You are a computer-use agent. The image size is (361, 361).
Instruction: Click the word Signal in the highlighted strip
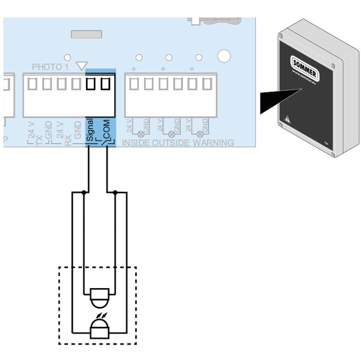click(x=90, y=130)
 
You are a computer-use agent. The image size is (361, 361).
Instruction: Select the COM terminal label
click(x=106, y=130)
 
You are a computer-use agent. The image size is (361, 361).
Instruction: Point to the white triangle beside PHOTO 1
click(x=83, y=66)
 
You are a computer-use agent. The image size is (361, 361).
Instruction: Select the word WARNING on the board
click(x=214, y=143)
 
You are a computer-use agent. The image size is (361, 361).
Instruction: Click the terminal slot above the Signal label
click(x=91, y=84)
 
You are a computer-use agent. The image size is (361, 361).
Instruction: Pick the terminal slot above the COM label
click(x=106, y=84)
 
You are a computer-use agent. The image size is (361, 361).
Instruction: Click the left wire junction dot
click(x=84, y=193)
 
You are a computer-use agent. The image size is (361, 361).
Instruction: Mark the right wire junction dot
click(x=115, y=193)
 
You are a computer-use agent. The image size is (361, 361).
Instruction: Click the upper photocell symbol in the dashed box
click(x=97, y=296)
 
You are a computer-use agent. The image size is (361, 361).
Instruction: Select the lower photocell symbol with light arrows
click(x=97, y=329)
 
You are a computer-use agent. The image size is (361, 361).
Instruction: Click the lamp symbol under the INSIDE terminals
click(x=142, y=133)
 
